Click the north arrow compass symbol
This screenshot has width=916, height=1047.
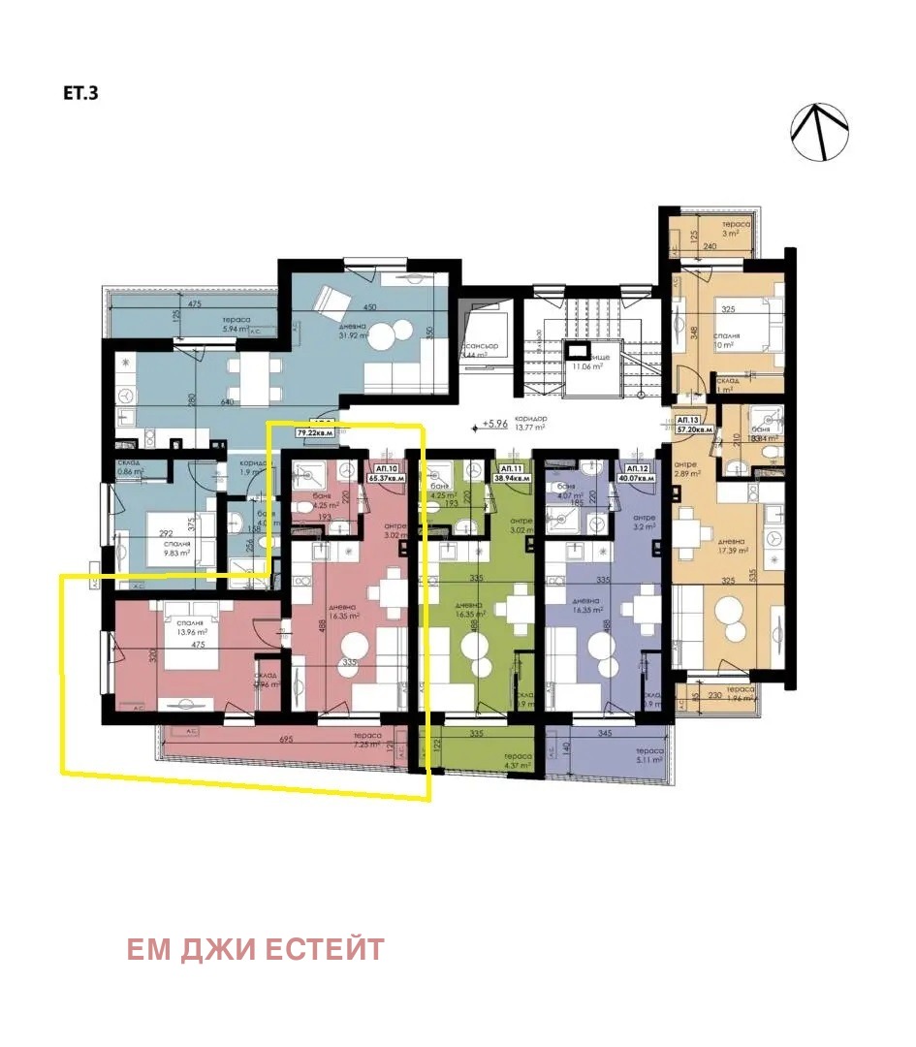[x=820, y=133]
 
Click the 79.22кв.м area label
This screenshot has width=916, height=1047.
[x=314, y=433]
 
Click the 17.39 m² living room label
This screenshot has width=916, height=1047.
[x=732, y=551]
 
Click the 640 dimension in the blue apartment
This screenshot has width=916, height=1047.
[x=229, y=401]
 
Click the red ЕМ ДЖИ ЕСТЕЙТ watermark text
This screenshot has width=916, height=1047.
[x=256, y=950]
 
